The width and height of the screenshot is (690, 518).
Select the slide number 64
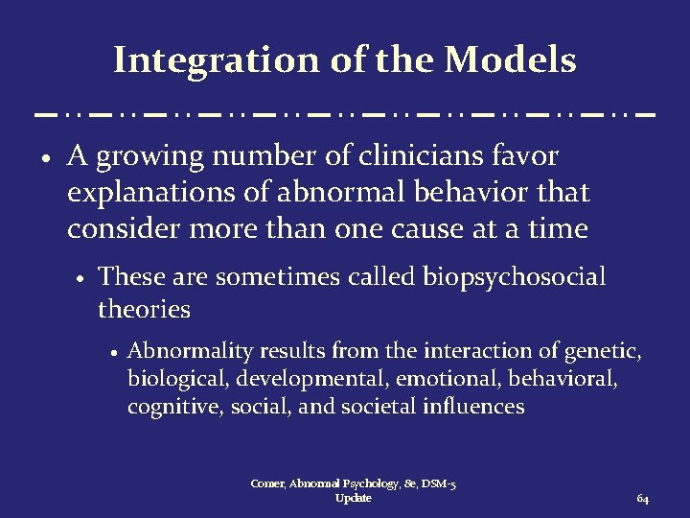[642, 500]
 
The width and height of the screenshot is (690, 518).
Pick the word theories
[144, 310]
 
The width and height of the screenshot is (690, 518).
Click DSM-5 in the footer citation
[433, 484]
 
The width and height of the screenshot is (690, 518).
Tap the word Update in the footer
[354, 499]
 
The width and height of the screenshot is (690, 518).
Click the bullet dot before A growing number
[47, 157]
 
